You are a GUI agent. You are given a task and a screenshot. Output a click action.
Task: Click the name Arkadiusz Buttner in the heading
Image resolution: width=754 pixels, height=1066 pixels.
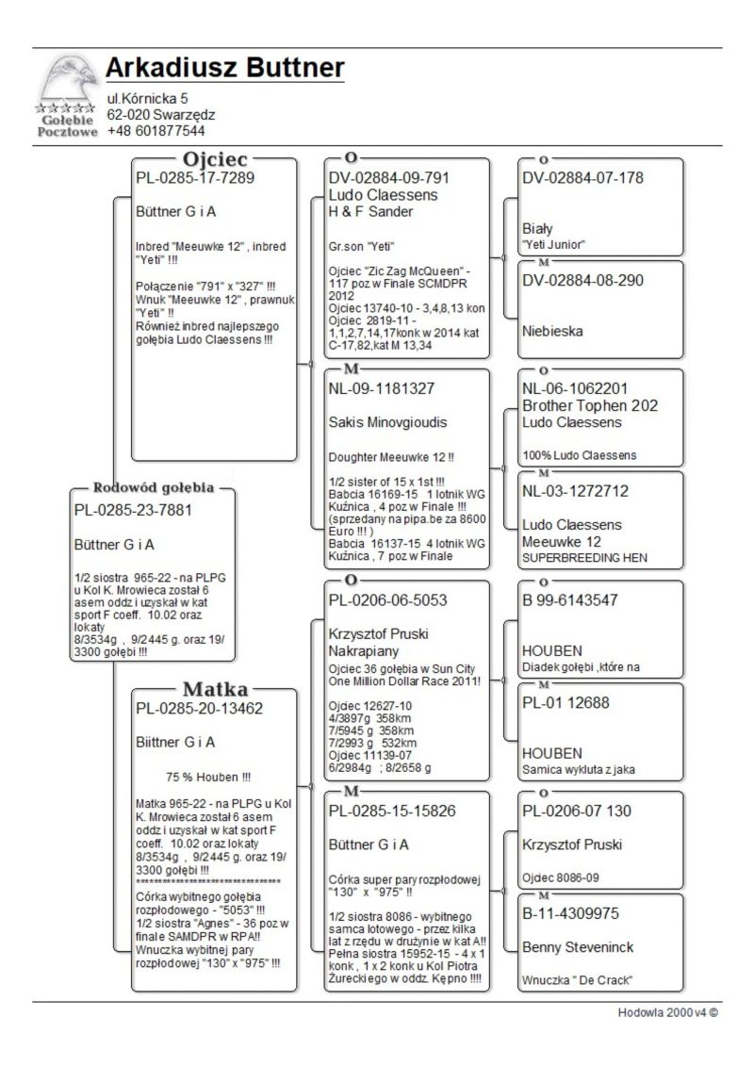coord(224,68)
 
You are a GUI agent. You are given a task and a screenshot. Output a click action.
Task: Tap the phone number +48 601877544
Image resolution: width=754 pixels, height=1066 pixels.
coord(156,131)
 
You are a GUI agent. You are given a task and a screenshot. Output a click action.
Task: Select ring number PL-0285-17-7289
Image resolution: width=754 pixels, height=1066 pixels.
coord(195,177)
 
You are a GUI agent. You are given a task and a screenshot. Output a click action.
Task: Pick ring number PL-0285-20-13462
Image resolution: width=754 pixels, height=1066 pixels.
coord(200,708)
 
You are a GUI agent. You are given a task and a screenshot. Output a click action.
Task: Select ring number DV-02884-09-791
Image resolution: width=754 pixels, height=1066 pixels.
coord(389,178)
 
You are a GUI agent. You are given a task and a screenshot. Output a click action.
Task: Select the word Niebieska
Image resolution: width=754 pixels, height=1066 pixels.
coord(552,332)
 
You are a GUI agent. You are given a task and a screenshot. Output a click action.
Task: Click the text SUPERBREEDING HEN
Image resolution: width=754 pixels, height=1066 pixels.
coord(584,558)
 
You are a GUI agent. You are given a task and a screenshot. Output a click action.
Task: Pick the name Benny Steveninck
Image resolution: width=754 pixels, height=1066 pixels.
coord(578,947)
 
